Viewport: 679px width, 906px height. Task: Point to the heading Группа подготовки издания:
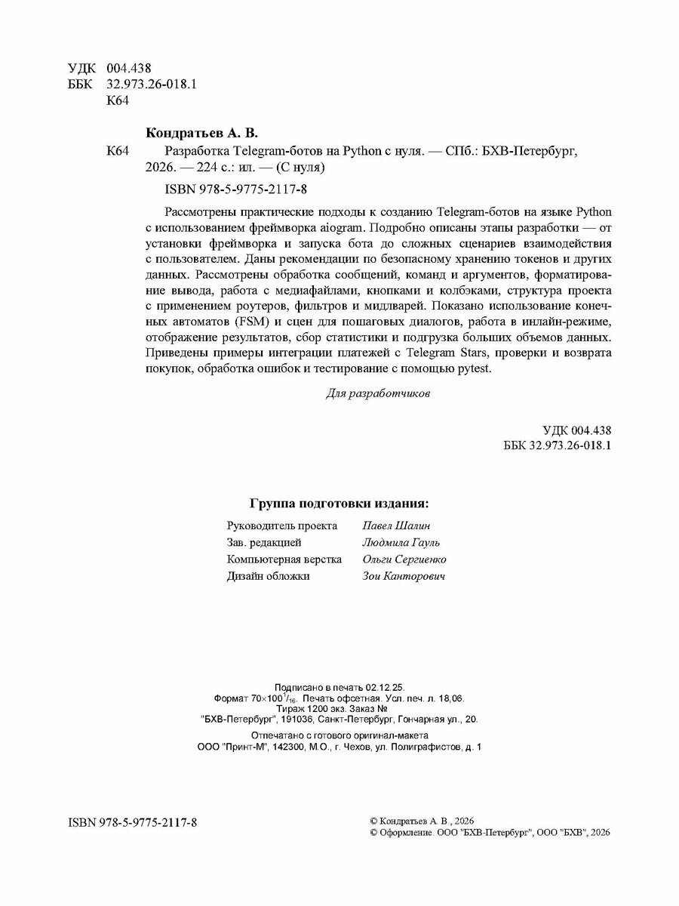click(x=339, y=504)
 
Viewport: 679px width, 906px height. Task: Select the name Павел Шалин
click(x=397, y=525)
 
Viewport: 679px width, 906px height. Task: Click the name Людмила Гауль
click(x=401, y=542)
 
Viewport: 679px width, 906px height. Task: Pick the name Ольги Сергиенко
click(x=404, y=559)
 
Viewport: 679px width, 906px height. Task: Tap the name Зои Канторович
click(x=404, y=576)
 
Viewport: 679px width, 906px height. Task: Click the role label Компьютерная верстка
click(x=284, y=559)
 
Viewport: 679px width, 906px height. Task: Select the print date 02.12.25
click(x=386, y=687)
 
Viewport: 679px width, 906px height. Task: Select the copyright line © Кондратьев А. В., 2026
click(x=423, y=820)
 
